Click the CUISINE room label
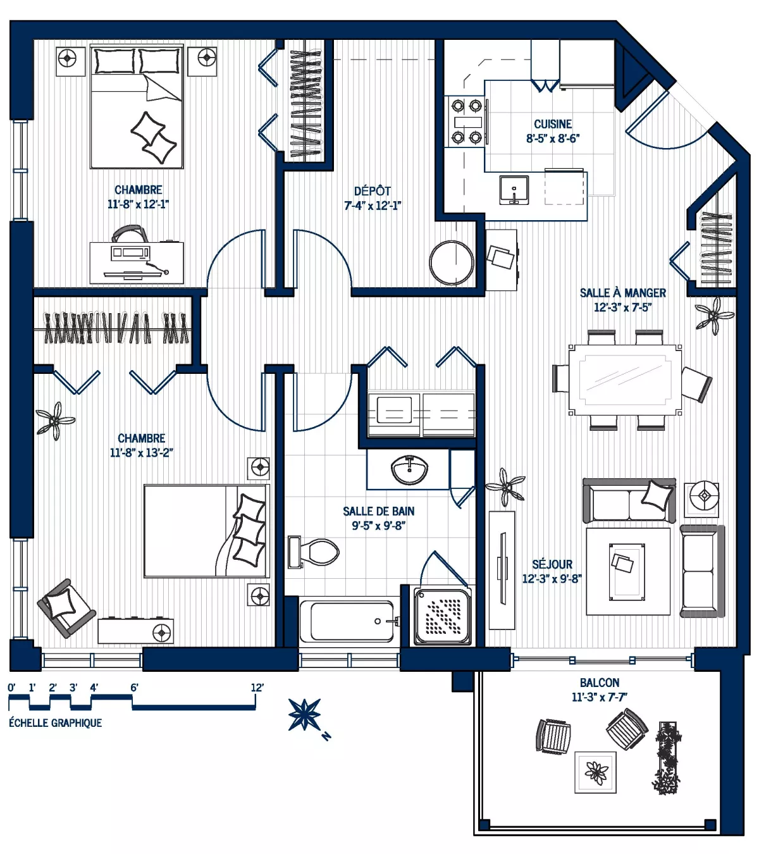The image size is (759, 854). click(x=552, y=124)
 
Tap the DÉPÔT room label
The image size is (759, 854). click(x=372, y=191)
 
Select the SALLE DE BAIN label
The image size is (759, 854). click(x=378, y=511)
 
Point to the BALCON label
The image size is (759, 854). click(x=599, y=683)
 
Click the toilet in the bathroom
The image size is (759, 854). click(x=316, y=552)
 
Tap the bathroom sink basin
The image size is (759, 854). click(x=409, y=470)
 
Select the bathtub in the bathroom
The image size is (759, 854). click(x=349, y=621)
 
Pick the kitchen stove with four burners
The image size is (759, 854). click(x=466, y=121)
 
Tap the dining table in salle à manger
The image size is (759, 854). click(x=625, y=380)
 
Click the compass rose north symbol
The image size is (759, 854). click(x=305, y=714)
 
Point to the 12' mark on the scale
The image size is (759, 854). click(x=257, y=688)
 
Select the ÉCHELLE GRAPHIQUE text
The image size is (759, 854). click(x=55, y=722)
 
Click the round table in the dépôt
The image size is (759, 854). click(x=451, y=263)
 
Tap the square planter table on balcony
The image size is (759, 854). click(x=595, y=772)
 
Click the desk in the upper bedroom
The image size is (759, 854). click(x=137, y=262)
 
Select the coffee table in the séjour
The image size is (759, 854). click(x=627, y=571)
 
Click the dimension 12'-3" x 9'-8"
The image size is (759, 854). click(x=552, y=578)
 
